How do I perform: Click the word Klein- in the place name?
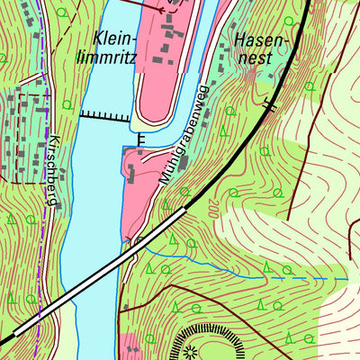pyautogui.click(x=115, y=38)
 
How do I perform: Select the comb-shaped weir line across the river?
pyautogui.click(x=105, y=114)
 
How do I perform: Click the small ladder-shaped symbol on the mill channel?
pyautogui.click(x=141, y=139)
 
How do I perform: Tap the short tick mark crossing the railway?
pyautogui.click(x=267, y=105)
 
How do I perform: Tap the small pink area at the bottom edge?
pyautogui.click(x=130, y=346)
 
